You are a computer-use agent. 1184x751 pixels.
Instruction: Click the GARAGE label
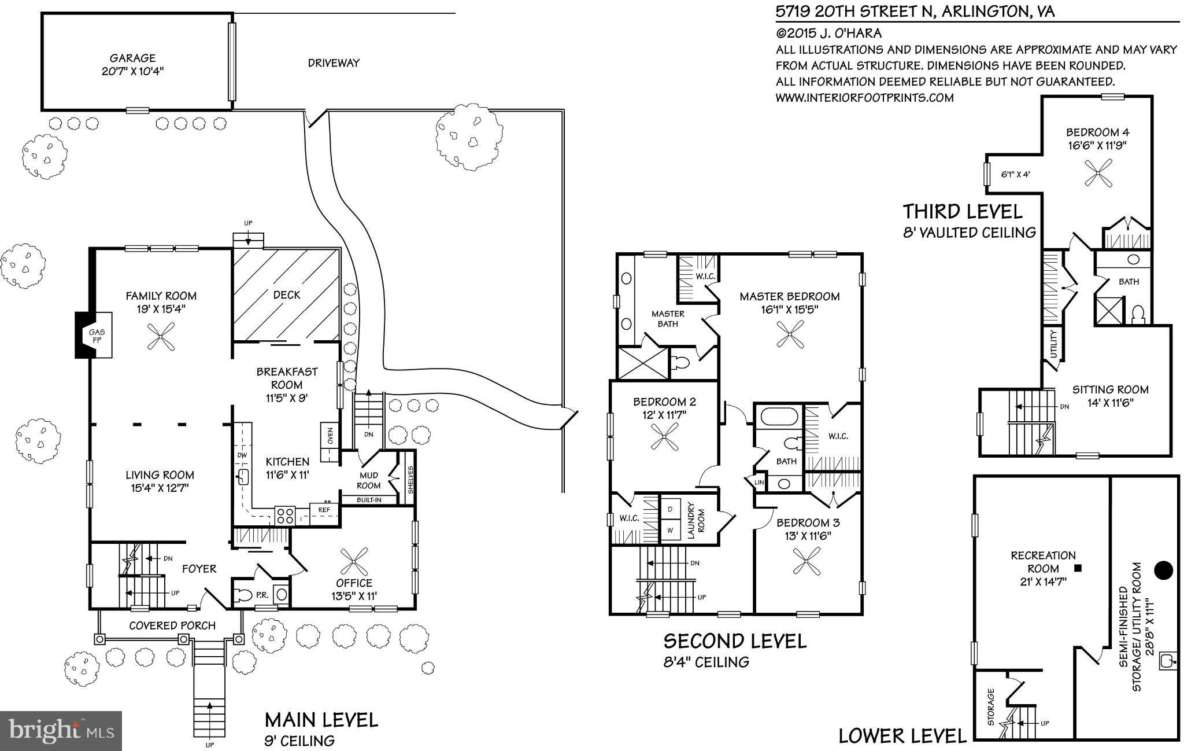coord(132,58)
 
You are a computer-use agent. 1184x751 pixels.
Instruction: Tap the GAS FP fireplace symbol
coord(95,336)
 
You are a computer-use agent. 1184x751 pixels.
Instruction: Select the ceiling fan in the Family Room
coord(161,336)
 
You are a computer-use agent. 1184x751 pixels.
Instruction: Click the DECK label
coord(287,294)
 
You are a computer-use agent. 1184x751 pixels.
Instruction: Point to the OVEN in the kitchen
coord(329,443)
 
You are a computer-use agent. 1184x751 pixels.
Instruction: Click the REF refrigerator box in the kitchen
coord(324,510)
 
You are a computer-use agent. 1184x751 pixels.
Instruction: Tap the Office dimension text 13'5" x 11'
coord(354,596)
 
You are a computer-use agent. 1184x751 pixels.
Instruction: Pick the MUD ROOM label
coord(369,480)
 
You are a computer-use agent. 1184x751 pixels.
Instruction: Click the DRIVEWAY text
coord(334,63)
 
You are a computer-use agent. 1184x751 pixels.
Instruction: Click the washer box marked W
coord(671,529)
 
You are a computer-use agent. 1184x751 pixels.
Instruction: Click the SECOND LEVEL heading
coord(734,641)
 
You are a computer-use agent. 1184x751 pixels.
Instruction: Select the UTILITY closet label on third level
coord(1053,343)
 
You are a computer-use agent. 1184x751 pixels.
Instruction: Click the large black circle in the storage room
coord(1163,570)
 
